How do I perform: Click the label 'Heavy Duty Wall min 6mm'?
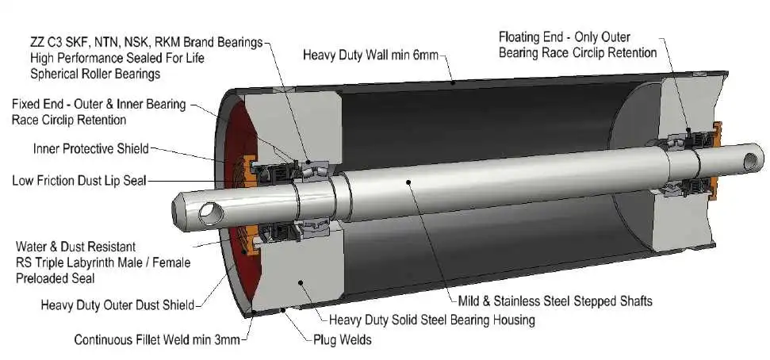[370, 56]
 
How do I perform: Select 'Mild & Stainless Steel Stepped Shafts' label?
[555, 301]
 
